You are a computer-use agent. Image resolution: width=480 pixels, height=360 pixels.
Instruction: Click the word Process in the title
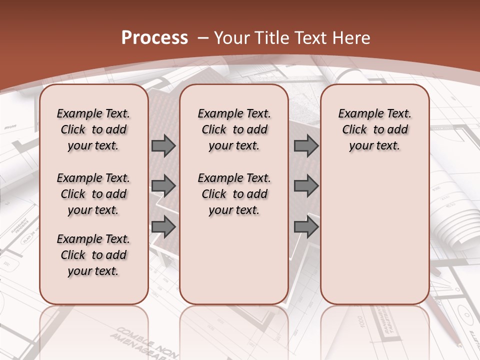pos(154,37)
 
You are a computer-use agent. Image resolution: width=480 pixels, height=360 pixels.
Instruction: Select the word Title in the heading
pos(271,37)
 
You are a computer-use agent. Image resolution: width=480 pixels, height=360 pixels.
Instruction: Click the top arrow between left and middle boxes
pos(163,145)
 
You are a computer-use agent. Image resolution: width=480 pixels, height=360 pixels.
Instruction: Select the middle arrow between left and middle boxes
pos(163,186)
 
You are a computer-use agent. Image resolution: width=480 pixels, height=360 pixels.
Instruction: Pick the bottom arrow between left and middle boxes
pos(163,226)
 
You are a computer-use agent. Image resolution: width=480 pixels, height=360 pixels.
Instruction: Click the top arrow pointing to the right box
pos(306,145)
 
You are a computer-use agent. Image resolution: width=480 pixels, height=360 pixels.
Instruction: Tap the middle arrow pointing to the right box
pos(306,186)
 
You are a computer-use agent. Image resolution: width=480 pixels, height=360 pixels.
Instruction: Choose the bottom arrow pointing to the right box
pos(306,226)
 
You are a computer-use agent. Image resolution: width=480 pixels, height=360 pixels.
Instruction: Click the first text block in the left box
pos(93,129)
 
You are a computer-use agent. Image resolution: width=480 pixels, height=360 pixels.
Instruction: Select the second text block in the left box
pos(93,194)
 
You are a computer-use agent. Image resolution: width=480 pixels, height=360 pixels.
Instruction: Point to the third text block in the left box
pos(93,255)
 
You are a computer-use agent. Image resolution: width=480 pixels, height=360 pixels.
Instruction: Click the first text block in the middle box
pos(234,129)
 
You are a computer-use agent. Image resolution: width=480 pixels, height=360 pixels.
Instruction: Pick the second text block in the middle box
pos(234,194)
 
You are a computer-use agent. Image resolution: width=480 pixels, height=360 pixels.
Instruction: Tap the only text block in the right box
pos(374,129)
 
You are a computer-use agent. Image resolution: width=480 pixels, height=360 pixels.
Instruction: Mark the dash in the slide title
pos(203,37)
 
